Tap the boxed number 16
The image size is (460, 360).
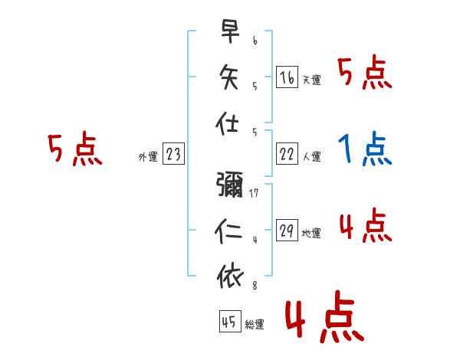(287, 77)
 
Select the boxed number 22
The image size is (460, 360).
(287, 154)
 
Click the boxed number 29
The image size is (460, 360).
(287, 231)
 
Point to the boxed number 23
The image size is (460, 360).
(173, 154)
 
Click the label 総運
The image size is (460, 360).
(255, 325)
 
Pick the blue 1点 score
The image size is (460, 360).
(364, 150)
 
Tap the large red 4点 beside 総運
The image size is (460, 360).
(324, 319)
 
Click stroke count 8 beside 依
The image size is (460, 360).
(255, 286)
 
